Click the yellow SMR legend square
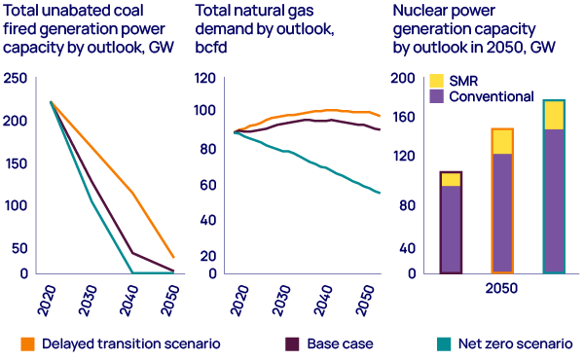pyautogui.click(x=437, y=81)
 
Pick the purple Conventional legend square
pyautogui.click(x=437, y=96)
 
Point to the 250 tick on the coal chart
pyautogui.click(x=15, y=79)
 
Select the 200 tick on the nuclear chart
pyautogui.click(x=402, y=79)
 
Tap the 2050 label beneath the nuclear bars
pyautogui.click(x=501, y=289)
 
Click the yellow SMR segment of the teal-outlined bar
pyautogui.click(x=554, y=115)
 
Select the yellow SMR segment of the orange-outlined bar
pyautogui.click(x=501, y=141)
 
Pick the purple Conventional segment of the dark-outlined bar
pyautogui.click(x=451, y=229)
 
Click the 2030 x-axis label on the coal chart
pyautogui.click(x=89, y=295)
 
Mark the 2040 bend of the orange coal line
pyautogui.click(x=132, y=192)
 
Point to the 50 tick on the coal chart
pyautogui.click(x=18, y=248)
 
